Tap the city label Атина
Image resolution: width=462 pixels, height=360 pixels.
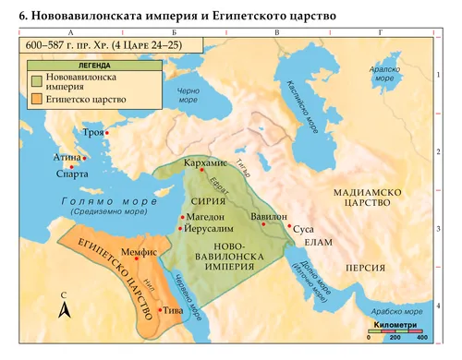[x=69, y=158]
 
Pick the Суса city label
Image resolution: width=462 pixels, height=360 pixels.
[x=304, y=226]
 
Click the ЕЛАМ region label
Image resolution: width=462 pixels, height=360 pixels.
[x=316, y=243]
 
